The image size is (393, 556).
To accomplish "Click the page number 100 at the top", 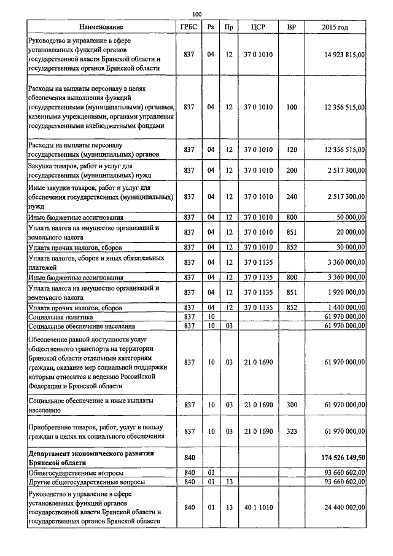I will pyautogui.click(x=196, y=14).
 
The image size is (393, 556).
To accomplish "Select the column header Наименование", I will pyautogui.click(x=101, y=27).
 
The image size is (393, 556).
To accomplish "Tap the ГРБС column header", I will pyautogui.click(x=189, y=27).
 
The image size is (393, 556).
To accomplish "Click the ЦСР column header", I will pyautogui.click(x=258, y=27).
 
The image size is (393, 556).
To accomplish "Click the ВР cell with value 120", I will pyautogui.click(x=292, y=149).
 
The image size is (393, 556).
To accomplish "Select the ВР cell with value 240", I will pyautogui.click(x=292, y=197).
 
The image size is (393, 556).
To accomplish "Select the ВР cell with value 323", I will pyautogui.click(x=292, y=432).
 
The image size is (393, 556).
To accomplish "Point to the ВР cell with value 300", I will pyautogui.click(x=292, y=405).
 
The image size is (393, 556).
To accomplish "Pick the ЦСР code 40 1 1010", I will pyautogui.click(x=258, y=507).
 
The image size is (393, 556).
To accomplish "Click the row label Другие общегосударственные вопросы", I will pyautogui.click(x=87, y=482).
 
